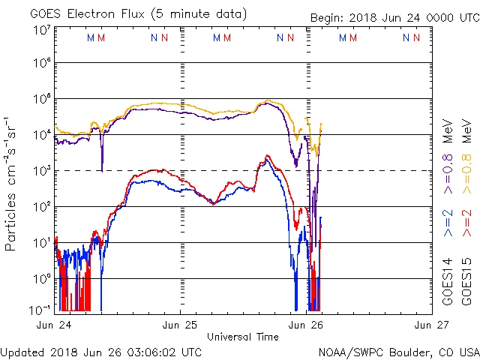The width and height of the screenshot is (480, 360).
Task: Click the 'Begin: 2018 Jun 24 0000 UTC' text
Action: click(x=393, y=18)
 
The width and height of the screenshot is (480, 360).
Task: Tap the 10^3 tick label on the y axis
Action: click(x=41, y=170)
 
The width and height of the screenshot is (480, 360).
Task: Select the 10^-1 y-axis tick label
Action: click(x=40, y=309)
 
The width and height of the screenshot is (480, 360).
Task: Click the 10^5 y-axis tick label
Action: click(x=41, y=99)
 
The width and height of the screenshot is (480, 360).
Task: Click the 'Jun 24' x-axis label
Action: click(x=54, y=325)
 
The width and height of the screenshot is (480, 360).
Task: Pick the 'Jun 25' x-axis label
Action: click(x=180, y=325)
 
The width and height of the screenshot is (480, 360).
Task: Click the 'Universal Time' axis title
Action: click(x=243, y=337)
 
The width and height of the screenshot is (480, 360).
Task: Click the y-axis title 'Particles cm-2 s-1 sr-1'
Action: click(x=11, y=183)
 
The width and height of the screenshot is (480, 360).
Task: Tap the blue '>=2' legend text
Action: click(x=448, y=223)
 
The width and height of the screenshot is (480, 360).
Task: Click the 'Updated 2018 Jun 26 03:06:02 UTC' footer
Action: click(x=101, y=351)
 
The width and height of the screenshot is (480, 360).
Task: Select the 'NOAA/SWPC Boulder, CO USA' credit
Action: click(x=397, y=351)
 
